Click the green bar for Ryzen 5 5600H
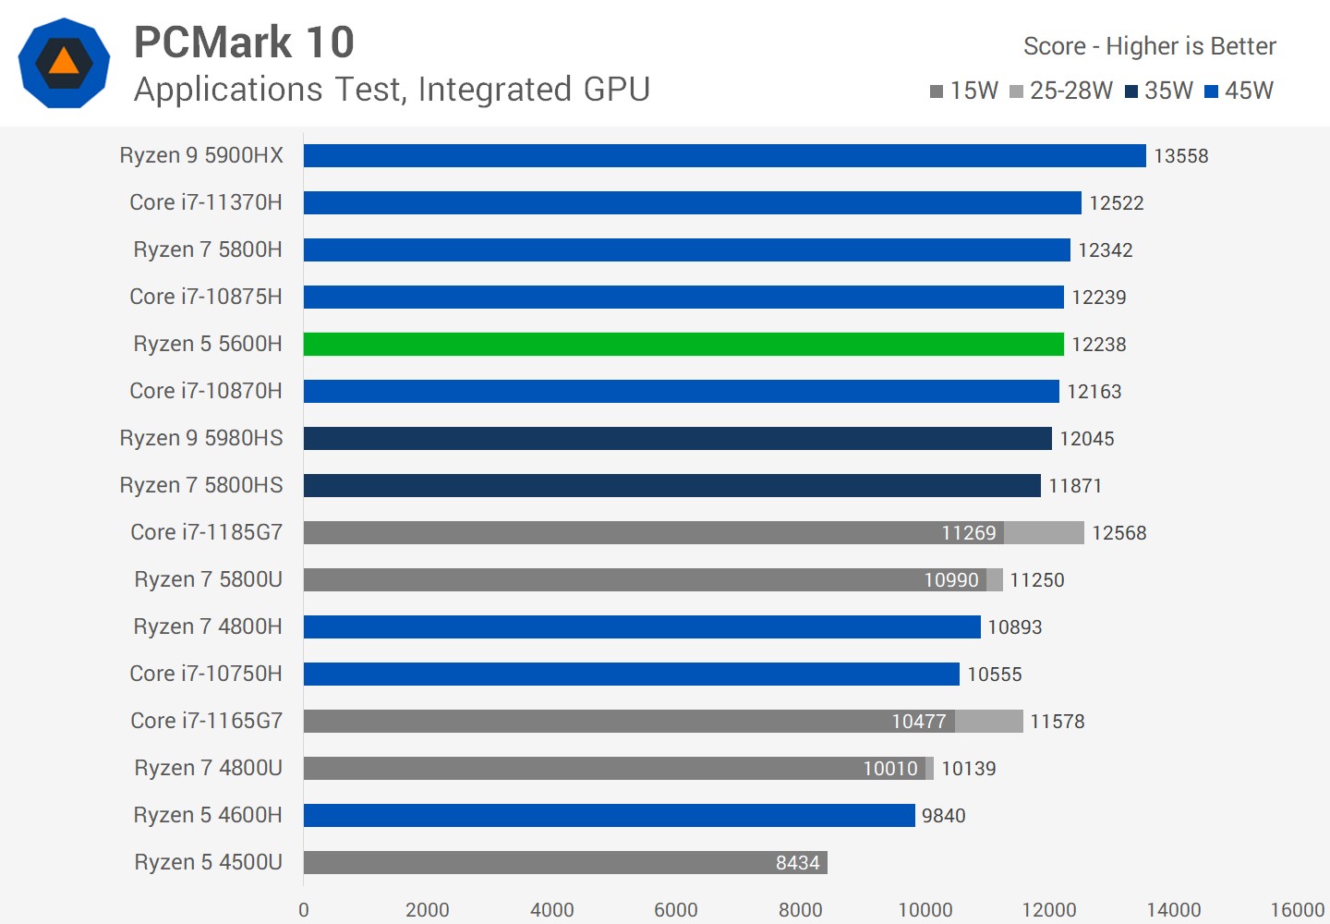(x=683, y=344)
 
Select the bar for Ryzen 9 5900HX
(x=724, y=155)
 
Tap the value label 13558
(x=1180, y=156)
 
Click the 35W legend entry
(x=1159, y=91)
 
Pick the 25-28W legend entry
(x=1062, y=91)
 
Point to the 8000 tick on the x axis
(x=800, y=909)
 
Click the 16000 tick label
(x=1297, y=909)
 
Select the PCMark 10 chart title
(x=244, y=43)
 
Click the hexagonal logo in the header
(x=64, y=63)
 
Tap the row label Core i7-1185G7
(x=206, y=532)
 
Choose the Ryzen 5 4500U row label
(x=208, y=862)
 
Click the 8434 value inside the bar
(x=797, y=863)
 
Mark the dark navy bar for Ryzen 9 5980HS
(x=677, y=438)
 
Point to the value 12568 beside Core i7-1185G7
(x=1118, y=533)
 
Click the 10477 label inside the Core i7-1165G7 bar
(x=918, y=722)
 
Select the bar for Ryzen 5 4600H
(x=609, y=815)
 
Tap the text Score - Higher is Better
(x=1149, y=46)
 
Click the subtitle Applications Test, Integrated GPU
(x=392, y=90)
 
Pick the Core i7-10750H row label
(x=206, y=674)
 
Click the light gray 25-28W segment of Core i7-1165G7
(x=988, y=721)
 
